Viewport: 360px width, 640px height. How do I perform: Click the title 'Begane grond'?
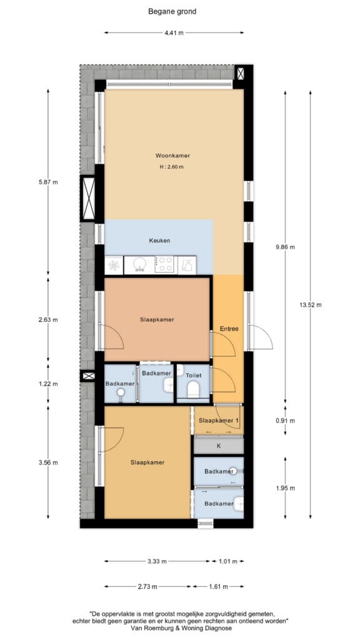point(172,12)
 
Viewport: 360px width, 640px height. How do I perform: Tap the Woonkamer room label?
point(172,156)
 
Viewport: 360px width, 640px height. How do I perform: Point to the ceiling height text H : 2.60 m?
point(171,166)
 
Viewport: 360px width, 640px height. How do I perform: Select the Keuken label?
point(159,241)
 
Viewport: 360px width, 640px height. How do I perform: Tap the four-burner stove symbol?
point(166,264)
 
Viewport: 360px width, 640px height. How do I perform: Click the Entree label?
point(229,328)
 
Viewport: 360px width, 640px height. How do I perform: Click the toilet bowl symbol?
point(192,390)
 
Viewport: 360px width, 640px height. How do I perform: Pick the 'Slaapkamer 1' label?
point(218,421)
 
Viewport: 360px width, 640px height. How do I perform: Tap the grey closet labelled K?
point(218,446)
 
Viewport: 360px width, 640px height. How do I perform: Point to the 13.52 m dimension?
point(311,304)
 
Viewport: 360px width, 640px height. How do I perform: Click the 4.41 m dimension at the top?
point(174,32)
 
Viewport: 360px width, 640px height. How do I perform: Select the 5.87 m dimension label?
point(48,182)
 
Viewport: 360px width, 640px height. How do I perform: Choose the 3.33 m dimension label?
point(157,561)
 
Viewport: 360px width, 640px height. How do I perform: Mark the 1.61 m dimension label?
point(218,587)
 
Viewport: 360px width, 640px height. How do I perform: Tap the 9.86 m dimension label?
point(285,246)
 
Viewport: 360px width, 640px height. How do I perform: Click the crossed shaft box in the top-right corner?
point(241,74)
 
